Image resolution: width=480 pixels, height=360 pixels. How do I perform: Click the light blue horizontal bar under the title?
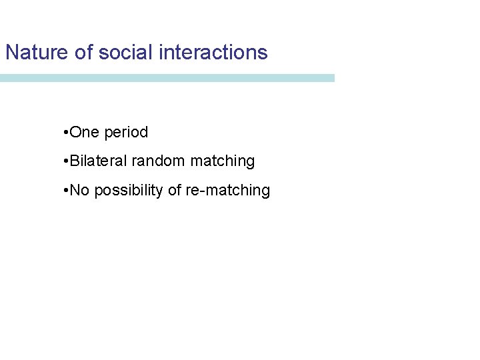[x=167, y=78]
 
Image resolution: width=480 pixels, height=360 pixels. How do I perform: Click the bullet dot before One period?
[x=63, y=133]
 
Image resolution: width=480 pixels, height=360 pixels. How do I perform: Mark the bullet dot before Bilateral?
[x=63, y=161]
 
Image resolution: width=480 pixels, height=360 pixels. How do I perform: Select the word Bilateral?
[x=99, y=161]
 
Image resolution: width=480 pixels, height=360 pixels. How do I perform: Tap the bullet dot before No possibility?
[x=63, y=191]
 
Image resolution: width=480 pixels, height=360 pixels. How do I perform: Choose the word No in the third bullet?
[x=79, y=191]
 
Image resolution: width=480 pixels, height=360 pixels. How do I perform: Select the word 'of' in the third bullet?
[x=174, y=191]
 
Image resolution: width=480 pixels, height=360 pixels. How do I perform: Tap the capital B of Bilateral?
[x=74, y=161]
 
